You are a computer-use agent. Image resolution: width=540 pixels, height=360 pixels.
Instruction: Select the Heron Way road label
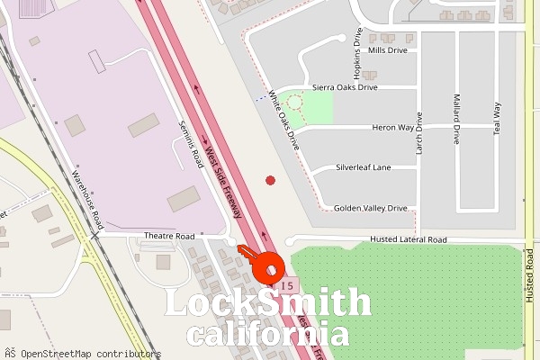392,128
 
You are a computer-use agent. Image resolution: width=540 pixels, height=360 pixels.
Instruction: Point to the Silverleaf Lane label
364,167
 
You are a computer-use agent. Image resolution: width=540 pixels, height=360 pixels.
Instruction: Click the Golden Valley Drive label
370,208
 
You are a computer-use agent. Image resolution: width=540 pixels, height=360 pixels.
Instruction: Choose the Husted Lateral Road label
409,240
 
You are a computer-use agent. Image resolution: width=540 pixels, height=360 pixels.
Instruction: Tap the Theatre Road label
169,236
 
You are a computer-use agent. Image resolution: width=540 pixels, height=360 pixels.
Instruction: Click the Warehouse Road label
89,198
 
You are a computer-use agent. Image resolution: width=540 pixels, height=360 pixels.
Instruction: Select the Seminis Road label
191,145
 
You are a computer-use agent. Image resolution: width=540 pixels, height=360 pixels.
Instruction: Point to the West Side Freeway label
224,180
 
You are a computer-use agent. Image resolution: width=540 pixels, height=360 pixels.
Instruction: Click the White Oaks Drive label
284,120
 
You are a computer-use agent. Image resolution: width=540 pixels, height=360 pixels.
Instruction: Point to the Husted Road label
530,279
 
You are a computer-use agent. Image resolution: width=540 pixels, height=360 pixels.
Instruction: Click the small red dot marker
270,181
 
